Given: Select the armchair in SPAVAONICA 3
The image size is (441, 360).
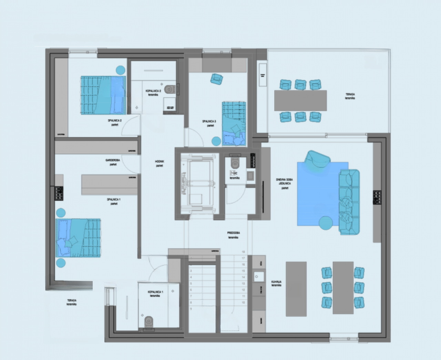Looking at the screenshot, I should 216,79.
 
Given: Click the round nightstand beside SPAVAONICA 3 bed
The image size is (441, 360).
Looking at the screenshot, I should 216,141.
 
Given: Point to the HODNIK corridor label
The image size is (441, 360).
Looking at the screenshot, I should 159,163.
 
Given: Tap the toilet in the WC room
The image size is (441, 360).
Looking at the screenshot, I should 235,162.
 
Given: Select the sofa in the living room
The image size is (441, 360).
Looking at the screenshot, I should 349,202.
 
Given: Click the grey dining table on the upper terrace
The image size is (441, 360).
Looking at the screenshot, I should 300,100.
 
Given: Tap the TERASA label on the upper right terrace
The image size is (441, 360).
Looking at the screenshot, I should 350,96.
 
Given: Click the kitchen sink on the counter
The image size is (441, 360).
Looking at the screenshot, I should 257,276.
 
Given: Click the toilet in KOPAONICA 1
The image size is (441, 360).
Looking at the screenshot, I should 149,321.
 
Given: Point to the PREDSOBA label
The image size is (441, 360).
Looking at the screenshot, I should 233,235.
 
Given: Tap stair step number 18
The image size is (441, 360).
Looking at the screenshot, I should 243,252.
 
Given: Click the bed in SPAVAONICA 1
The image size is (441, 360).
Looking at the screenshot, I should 79,237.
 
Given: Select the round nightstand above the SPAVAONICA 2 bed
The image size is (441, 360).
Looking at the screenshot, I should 120,70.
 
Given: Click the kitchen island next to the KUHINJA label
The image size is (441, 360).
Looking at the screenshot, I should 296,289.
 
